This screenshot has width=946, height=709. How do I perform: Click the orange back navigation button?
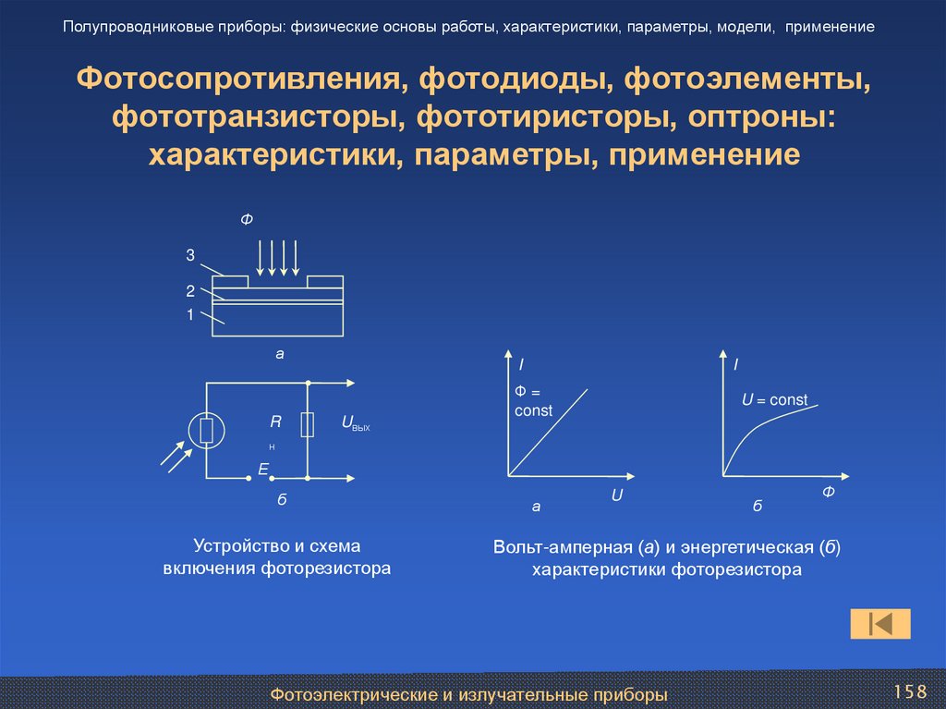click(879, 624)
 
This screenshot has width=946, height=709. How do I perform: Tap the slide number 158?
click(909, 692)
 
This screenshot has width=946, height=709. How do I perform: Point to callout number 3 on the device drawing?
click(189, 254)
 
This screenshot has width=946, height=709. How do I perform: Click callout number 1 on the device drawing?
click(189, 315)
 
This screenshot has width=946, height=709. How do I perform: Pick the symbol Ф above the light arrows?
click(247, 219)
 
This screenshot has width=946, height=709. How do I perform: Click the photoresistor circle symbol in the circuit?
click(206, 430)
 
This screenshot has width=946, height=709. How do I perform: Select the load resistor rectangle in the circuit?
click(308, 425)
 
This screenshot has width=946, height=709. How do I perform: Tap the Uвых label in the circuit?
click(355, 423)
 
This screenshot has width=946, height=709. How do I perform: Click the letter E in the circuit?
click(262, 471)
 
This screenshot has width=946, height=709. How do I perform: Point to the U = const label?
click(774, 400)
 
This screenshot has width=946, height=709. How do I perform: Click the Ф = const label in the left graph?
click(533, 402)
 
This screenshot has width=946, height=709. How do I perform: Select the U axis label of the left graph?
click(617, 496)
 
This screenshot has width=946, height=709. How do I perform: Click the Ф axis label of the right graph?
click(828, 493)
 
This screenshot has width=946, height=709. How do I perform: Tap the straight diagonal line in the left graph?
click(550, 431)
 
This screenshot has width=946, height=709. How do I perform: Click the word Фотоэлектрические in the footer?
click(351, 693)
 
